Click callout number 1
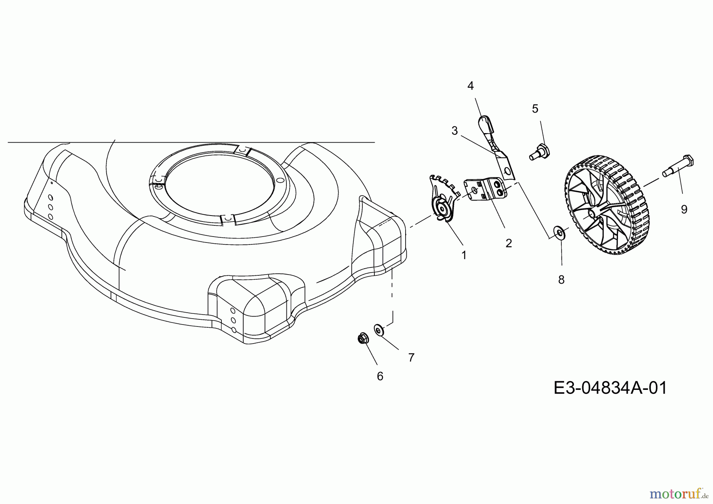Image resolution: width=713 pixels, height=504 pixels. tap(464, 256)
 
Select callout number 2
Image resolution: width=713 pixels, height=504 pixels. tap(509, 243)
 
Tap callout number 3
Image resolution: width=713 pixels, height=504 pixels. tap(455, 131)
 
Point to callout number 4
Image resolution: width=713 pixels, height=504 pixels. tap(471, 86)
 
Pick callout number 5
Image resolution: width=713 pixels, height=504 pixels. tap(535, 109)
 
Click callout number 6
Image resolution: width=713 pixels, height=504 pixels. tap(380, 376)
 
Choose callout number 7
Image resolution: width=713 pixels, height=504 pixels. tap(411, 358)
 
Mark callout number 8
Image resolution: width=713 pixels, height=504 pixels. tap(561, 280)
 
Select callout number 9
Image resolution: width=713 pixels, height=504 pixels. tap(684, 210)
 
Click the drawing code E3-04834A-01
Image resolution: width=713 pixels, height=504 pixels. tap(610, 388)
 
